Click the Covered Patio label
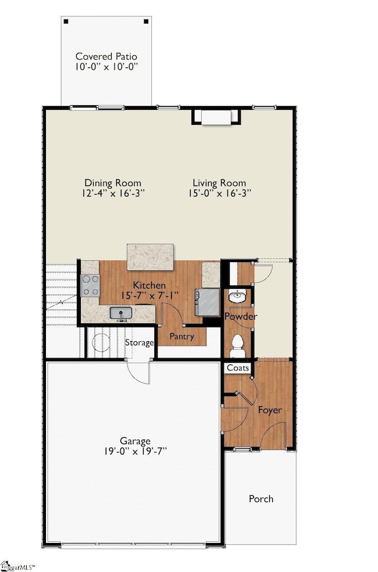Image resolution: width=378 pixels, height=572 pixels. [106, 56]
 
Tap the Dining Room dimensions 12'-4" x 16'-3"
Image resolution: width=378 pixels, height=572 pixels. [113, 194]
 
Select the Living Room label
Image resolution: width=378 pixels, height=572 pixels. [219, 183]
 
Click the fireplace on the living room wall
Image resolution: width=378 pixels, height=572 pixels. [216, 117]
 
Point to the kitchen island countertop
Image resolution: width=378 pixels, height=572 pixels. [150, 257]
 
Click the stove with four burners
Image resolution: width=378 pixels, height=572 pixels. [91, 285]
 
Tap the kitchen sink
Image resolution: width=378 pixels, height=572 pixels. [121, 313]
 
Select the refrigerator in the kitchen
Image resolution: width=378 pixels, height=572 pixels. [208, 302]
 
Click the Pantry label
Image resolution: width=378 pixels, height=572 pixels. [181, 337]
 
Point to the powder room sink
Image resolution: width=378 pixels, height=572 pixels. [237, 296]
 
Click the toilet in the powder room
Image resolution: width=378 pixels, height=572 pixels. [237, 346]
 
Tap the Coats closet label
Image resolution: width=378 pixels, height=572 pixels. [238, 368]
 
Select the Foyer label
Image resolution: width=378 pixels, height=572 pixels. [270, 410]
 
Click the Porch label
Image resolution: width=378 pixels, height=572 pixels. [261, 499]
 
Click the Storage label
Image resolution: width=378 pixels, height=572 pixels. [140, 343]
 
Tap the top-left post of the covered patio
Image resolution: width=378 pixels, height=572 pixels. [66, 22]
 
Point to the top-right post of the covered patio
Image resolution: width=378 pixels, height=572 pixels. [147, 22]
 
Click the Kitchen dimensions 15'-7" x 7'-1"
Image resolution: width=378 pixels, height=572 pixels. [149, 296]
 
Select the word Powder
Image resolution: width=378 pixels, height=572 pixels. [241, 316]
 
